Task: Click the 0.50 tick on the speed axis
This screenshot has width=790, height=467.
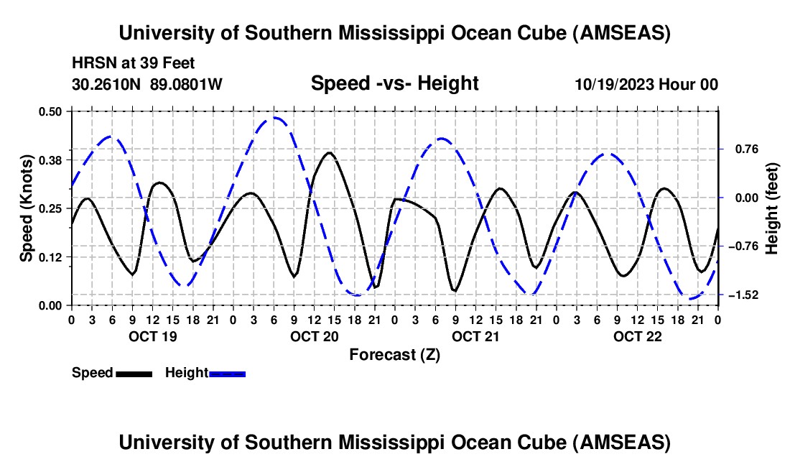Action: point(50,111)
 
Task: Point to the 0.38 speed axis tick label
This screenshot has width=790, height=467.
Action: point(50,159)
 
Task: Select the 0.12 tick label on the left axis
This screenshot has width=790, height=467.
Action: point(50,256)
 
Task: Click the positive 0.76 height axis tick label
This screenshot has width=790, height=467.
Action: point(745,149)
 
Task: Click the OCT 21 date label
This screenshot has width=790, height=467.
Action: point(475,336)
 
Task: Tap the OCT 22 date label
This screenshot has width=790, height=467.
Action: point(636,336)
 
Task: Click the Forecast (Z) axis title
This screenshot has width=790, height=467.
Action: point(394,354)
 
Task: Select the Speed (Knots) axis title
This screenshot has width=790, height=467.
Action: point(26,208)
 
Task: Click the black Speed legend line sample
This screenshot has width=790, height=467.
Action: point(134,374)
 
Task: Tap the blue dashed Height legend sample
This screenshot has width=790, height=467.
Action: point(228,374)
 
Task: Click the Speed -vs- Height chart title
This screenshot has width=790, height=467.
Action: point(394,84)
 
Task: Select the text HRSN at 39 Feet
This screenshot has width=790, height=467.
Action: point(133,64)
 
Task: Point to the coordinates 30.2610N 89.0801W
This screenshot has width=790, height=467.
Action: point(147,85)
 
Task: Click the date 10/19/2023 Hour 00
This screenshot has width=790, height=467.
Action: point(646,85)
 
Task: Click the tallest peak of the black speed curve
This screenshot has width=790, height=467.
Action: point(329,152)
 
